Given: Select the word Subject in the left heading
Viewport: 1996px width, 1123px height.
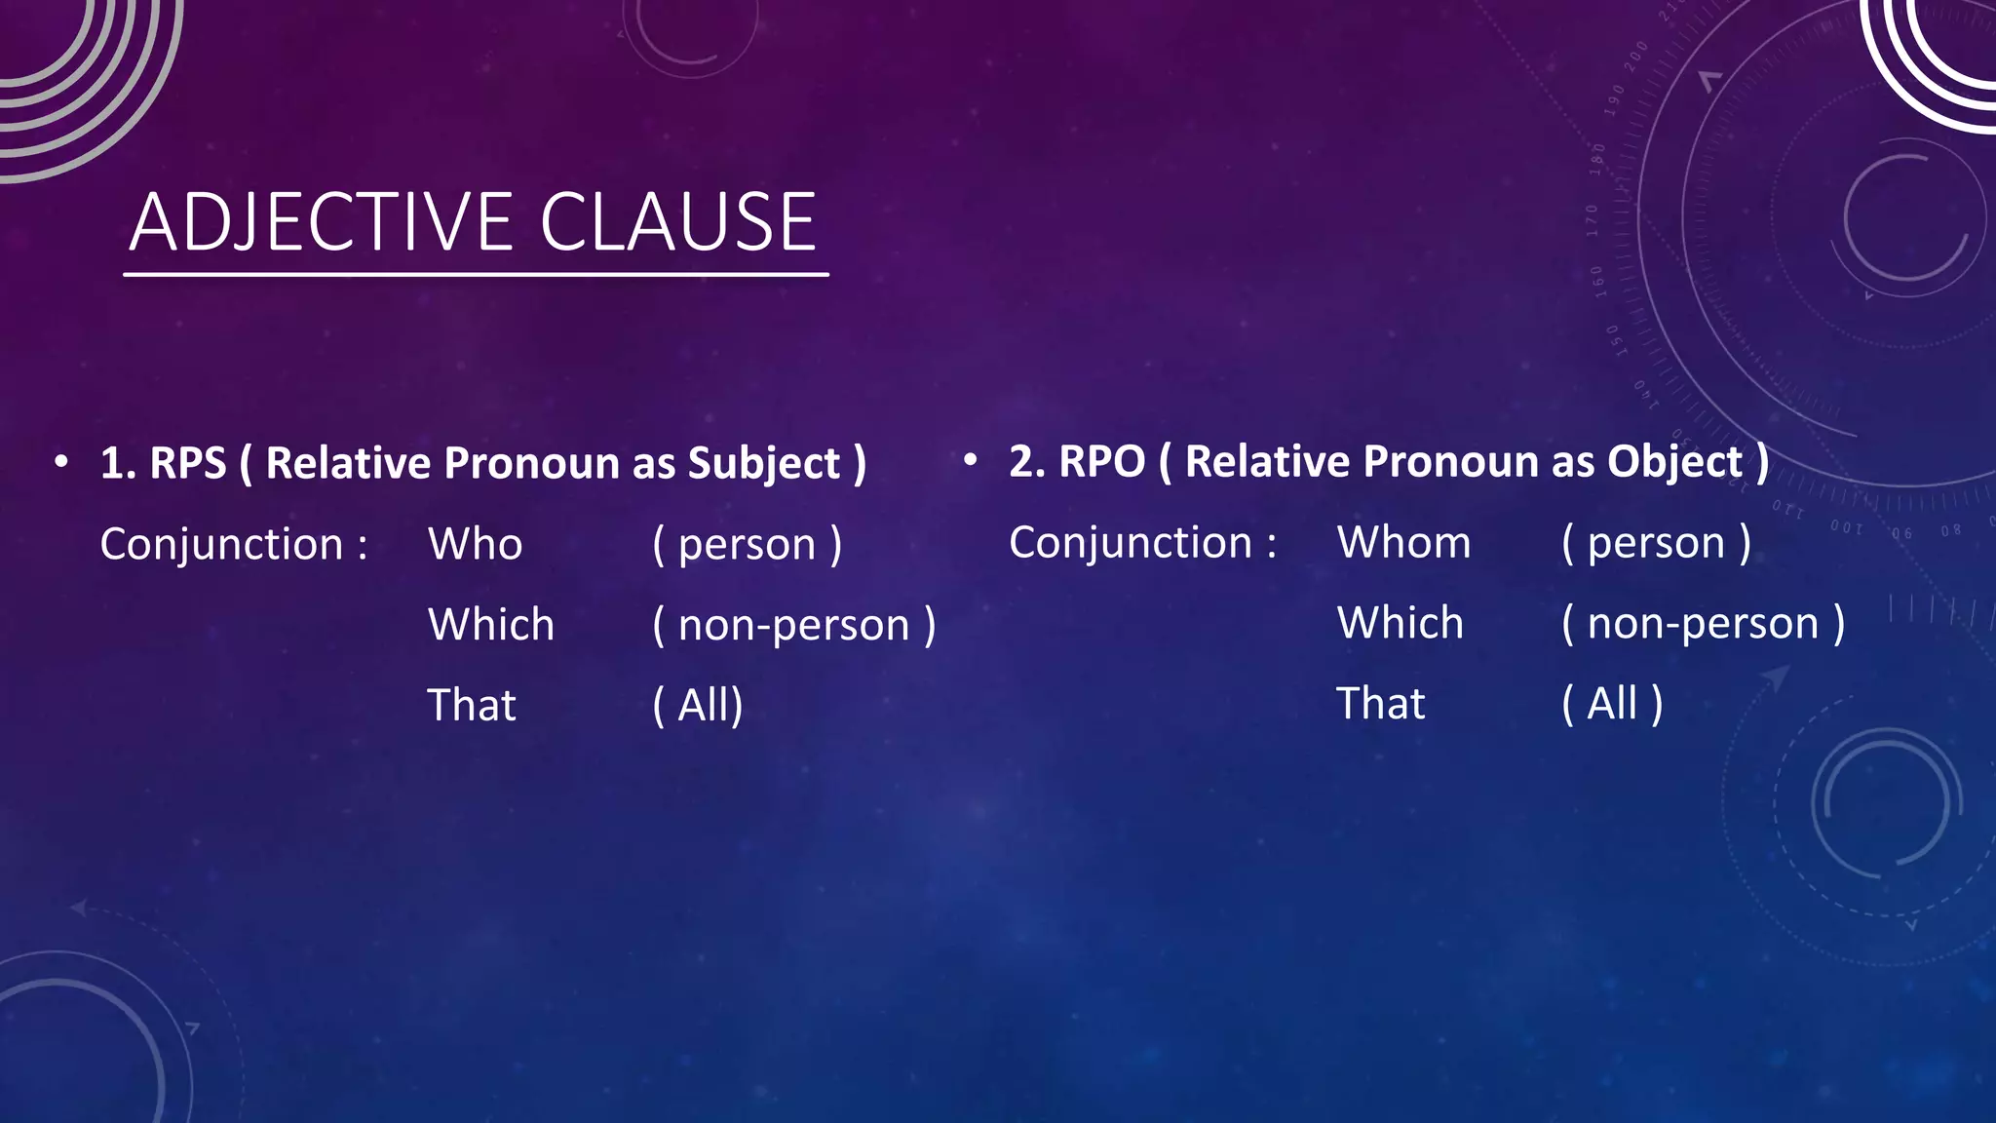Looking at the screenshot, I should tap(764, 463).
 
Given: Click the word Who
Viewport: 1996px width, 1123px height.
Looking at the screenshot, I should tap(476, 544).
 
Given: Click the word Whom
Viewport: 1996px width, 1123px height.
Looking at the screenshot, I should tap(1403, 542).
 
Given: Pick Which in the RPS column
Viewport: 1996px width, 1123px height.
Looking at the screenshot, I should tap(491, 625).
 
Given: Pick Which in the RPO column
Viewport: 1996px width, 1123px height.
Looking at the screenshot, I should tap(1400, 623).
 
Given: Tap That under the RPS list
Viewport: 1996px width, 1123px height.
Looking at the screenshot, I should tap(472, 705).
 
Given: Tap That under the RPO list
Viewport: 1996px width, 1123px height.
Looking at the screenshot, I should tap(1380, 703).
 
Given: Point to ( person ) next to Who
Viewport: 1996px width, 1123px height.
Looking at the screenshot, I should tap(747, 544).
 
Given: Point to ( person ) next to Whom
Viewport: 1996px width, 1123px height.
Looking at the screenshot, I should tap(1656, 542).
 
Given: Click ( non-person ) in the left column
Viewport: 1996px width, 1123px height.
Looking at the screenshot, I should tap(793, 625).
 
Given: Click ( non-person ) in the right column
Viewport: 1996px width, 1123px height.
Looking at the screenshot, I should tap(1703, 623).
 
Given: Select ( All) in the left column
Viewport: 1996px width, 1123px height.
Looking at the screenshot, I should tap(698, 705).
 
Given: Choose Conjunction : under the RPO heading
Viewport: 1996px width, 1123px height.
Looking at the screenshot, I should tap(1142, 542).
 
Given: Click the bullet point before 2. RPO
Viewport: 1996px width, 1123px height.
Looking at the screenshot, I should tap(970, 460).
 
